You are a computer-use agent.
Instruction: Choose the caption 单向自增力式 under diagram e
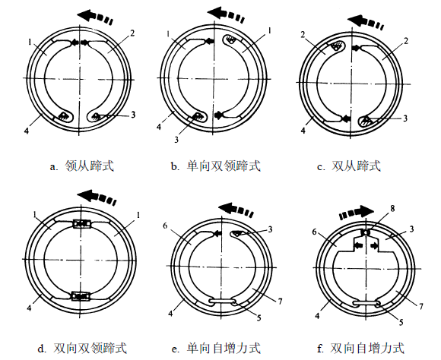pyautogui.click(x=224, y=349)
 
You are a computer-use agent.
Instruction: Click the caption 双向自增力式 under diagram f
pyautogui.click(x=366, y=349)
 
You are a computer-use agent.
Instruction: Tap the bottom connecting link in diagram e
pyautogui.click(x=224, y=303)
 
